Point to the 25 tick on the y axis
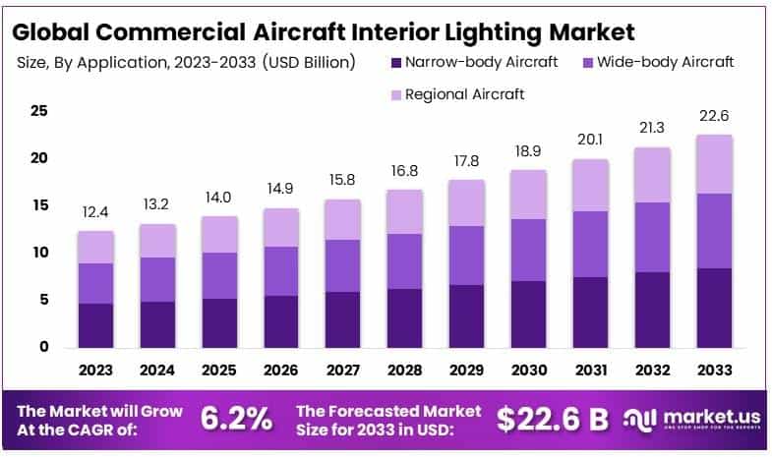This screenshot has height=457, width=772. point(39,111)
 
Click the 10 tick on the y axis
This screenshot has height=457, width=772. point(39,253)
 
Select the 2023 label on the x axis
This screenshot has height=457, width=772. point(96,370)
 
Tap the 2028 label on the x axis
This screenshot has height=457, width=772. point(403,370)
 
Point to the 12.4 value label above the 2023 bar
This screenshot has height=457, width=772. point(96,212)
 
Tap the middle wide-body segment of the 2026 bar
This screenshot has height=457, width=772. point(280,271)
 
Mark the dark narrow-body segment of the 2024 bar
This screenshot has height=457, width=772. point(157,324)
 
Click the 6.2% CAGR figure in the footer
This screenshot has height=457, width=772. point(236,419)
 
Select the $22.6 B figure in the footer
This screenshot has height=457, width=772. point(552,419)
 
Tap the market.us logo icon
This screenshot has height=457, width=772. point(640,420)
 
